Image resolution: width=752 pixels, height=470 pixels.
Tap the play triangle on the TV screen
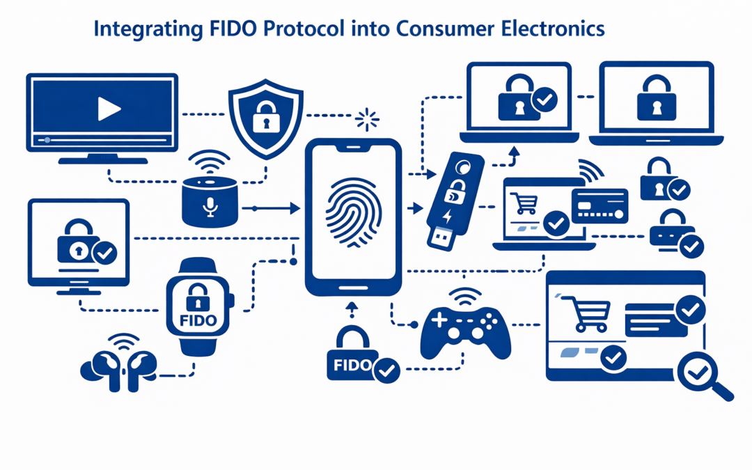click(x=109, y=109)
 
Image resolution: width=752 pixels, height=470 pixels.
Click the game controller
click(x=466, y=329)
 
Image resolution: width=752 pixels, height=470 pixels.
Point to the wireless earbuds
click(x=119, y=366)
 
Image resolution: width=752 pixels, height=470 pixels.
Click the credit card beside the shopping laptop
click(x=600, y=205)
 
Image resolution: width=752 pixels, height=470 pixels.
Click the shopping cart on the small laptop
click(x=526, y=203)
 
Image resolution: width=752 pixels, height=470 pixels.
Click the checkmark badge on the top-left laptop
click(x=545, y=101)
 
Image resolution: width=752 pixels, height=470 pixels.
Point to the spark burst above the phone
click(x=367, y=120)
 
